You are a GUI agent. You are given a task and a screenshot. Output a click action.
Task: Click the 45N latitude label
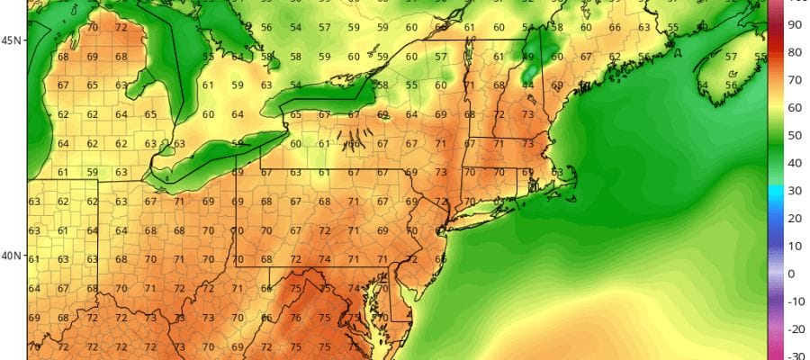(13, 40)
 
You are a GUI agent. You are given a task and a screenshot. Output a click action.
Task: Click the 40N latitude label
(13, 256)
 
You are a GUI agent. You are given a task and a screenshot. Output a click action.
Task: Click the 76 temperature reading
(296, 318)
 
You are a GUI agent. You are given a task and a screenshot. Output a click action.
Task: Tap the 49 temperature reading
(528, 57)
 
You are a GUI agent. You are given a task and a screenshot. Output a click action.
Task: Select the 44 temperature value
(528, 85)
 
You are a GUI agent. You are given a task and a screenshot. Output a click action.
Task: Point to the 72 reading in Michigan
(121, 28)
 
